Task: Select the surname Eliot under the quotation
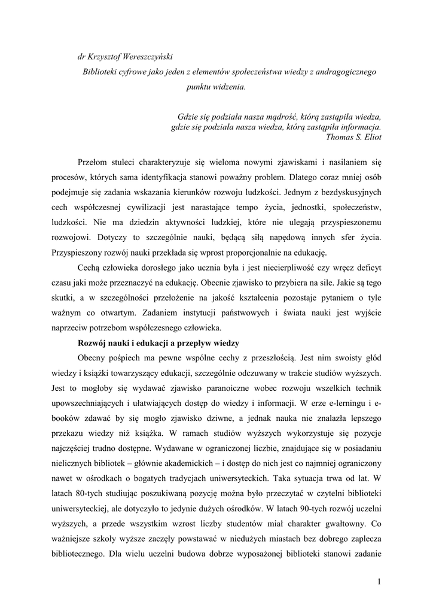(x=371, y=136)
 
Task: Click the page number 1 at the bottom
(x=379, y=581)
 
